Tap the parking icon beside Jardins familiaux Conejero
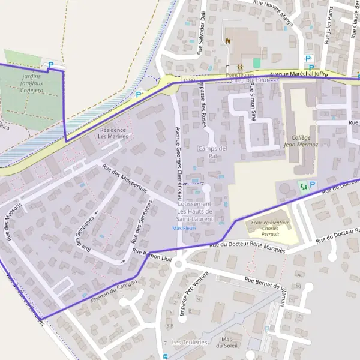point(50,64)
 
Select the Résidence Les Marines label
point(113,133)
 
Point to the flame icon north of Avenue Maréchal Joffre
point(229,41)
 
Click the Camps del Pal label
point(213,152)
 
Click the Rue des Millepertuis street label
point(125,179)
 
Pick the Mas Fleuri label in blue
point(184,229)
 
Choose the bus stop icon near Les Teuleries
point(165,356)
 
